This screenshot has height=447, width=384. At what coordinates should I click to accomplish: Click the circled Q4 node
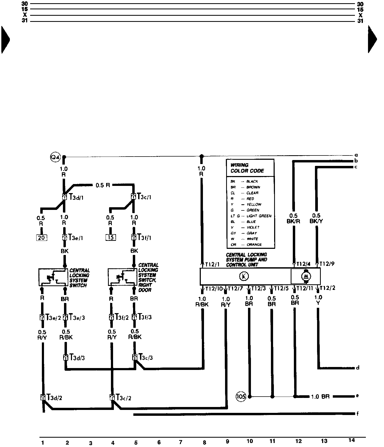click(55, 157)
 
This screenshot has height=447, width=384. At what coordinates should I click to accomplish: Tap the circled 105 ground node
click(241, 397)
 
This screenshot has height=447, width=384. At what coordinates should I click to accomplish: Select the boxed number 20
click(41, 237)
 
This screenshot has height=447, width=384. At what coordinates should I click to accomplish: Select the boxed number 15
click(111, 237)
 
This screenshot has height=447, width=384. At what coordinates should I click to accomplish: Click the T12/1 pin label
click(213, 264)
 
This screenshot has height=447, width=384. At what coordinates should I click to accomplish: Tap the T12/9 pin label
click(327, 264)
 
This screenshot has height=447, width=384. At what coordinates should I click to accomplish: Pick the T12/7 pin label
click(235, 289)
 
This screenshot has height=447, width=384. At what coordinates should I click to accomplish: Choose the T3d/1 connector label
click(76, 197)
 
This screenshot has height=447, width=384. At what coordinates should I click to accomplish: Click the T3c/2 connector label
click(123, 398)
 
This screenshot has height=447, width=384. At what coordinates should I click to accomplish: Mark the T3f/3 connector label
click(145, 317)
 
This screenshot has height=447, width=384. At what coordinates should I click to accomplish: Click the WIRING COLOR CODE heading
click(247, 168)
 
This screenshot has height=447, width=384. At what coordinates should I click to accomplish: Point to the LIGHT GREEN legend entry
click(259, 216)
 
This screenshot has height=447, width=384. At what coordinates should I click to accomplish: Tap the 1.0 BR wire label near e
click(320, 397)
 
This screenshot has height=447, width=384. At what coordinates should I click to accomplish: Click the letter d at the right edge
click(358, 368)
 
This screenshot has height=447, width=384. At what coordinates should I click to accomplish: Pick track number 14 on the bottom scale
click(352, 440)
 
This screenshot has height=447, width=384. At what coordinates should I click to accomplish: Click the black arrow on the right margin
click(372, 39)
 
